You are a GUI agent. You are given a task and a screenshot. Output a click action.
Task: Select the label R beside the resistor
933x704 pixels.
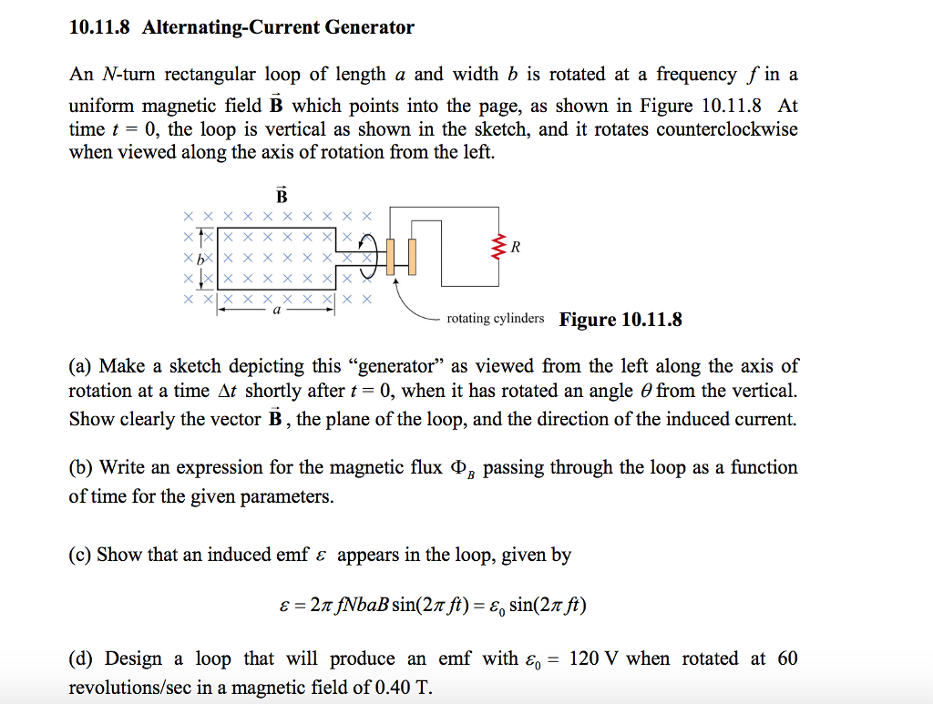[x=517, y=247]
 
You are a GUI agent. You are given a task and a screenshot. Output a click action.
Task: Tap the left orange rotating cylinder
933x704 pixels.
[x=391, y=256]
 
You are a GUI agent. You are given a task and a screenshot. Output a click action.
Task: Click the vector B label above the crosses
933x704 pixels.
[x=281, y=195]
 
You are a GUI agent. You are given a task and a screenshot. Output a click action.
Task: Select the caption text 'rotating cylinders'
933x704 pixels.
[x=496, y=319]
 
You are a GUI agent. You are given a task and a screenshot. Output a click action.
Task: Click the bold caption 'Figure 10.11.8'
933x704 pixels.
[x=620, y=320]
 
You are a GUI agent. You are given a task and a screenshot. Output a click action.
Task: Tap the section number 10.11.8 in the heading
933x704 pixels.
[x=100, y=27]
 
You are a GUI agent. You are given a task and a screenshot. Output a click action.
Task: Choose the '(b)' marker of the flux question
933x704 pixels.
[x=82, y=468]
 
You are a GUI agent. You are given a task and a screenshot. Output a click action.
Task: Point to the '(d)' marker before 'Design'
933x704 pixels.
[x=82, y=658]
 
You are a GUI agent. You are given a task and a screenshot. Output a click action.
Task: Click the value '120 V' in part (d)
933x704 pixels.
[x=594, y=658]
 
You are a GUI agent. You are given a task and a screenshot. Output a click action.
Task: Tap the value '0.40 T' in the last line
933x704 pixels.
[x=400, y=687]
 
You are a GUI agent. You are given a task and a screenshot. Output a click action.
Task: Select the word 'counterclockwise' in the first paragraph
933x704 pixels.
[x=726, y=128]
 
